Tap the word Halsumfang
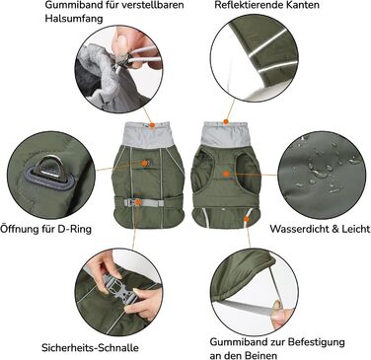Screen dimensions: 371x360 tap(73, 18)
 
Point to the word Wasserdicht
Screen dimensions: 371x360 tap(299, 229)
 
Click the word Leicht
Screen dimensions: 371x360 tap(356, 229)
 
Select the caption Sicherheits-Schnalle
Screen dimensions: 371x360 tap(90, 347)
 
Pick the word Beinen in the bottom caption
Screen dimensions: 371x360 tap(260, 355)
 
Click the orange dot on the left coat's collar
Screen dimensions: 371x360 tap(152, 125)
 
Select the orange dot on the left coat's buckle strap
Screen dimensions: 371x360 tap(138, 202)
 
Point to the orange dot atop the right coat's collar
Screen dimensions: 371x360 tap(226, 121)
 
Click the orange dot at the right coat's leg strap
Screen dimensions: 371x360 tap(247, 218)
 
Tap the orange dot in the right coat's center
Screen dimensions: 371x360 tap(226, 174)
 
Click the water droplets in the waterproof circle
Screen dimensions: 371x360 tap(324, 168)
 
